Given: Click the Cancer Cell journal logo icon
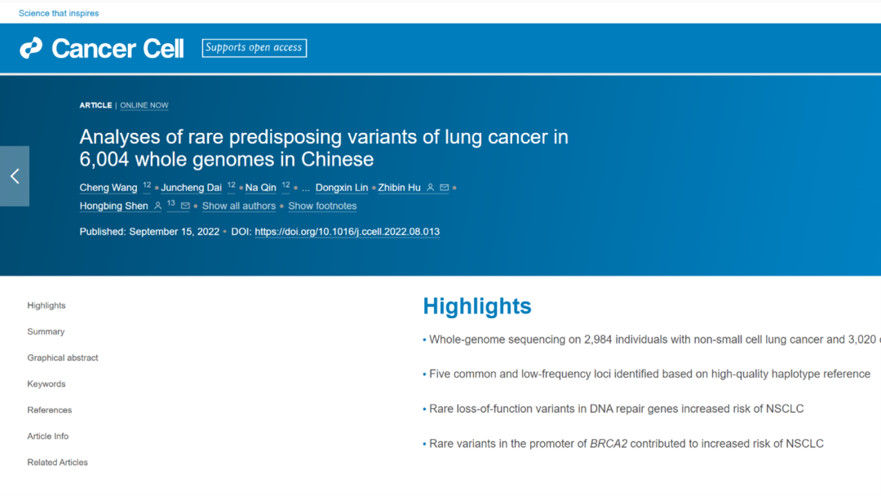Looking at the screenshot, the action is tap(31, 48).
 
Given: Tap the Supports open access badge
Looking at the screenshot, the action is tap(254, 48).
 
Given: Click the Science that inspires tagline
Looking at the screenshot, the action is tap(59, 13).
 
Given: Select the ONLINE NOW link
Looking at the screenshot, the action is tap(144, 105).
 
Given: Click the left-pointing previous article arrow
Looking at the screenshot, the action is tap(15, 176).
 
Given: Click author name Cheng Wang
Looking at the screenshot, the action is tap(108, 188).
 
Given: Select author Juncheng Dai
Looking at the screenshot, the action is tap(192, 188).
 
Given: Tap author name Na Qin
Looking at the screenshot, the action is tap(261, 188).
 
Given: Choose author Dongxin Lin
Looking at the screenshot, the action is tap(342, 188).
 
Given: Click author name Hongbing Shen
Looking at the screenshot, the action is tap(113, 206).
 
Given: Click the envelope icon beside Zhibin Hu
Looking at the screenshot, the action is tap(445, 188).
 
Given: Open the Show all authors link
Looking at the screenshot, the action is tap(239, 206).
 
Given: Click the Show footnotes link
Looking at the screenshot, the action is tap(322, 206).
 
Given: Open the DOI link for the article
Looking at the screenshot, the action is tap(348, 232).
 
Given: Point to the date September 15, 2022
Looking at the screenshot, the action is tap(175, 232).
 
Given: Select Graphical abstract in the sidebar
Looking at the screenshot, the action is tap(63, 358).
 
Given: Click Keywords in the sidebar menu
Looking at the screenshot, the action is tap(46, 384).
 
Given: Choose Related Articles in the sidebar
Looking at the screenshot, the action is tap(58, 463).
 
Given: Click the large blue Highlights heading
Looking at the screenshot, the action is tap(477, 306).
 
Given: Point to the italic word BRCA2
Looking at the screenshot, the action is tap(609, 444).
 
